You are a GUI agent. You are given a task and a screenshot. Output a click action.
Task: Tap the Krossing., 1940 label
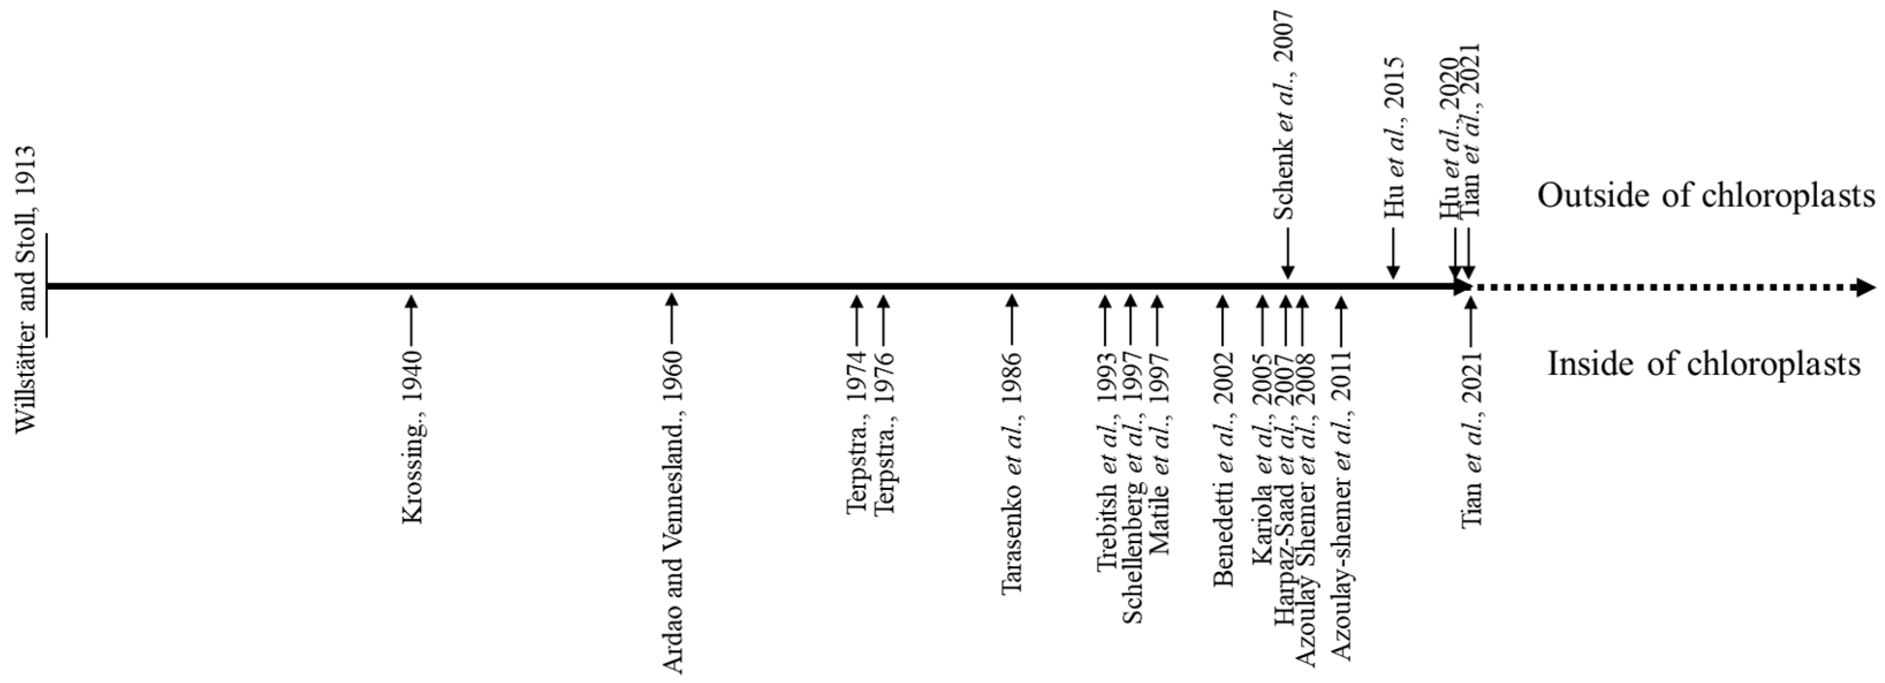click(413, 437)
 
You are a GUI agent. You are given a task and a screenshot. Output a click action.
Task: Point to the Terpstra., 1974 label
click(857, 432)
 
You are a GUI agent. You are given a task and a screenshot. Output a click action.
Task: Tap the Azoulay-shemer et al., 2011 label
click(1342, 505)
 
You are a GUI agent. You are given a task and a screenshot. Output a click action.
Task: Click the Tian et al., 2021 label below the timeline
click(1472, 440)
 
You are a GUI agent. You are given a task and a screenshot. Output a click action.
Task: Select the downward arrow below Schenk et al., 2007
click(1287, 253)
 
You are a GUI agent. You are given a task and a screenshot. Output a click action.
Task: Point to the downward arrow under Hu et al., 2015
click(1393, 253)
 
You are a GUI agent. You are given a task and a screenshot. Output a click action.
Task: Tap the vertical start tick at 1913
click(47, 286)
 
